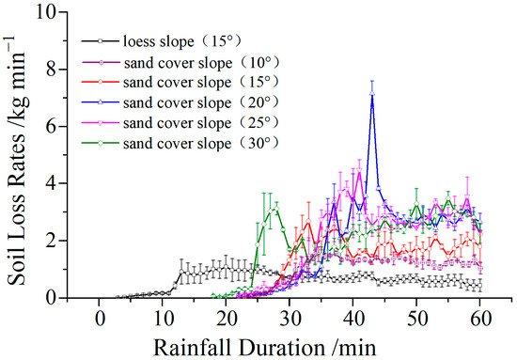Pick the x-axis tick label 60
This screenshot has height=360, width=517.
(482, 317)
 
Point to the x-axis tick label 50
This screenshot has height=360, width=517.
(418, 317)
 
